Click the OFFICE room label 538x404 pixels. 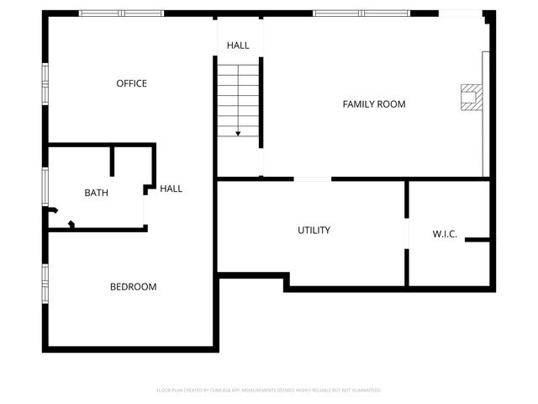tap(131, 83)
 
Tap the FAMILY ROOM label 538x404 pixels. tap(374, 104)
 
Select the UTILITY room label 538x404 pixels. tap(314, 230)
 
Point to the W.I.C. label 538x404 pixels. tap(445, 234)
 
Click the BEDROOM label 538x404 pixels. tap(133, 287)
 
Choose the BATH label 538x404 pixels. tap(96, 193)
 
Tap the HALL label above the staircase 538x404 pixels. tap(238, 45)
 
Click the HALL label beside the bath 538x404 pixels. tap(171, 189)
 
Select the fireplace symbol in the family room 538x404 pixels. tap(471, 98)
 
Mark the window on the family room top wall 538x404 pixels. tap(361, 13)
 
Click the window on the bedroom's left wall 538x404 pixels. tap(45, 283)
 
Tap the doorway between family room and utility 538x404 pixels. tap(313, 178)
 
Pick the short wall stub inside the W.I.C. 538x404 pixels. tap(477, 241)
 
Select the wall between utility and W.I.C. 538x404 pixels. tap(408, 232)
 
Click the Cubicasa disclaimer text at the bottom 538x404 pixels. tap(269, 391)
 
